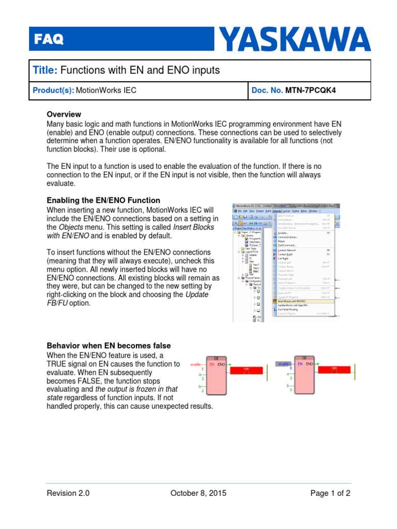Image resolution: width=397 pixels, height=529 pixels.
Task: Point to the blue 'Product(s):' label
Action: click(x=53, y=90)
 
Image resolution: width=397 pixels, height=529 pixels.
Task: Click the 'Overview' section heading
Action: click(x=64, y=114)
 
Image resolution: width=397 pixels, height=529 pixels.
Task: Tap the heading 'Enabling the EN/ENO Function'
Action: click(x=103, y=200)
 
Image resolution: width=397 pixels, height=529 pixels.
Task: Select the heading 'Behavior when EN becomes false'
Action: click(x=109, y=346)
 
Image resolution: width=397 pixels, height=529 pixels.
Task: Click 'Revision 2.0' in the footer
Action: click(x=68, y=493)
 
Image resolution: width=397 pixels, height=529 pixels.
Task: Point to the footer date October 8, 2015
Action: click(x=198, y=493)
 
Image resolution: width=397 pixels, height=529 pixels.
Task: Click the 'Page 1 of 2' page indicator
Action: click(x=330, y=493)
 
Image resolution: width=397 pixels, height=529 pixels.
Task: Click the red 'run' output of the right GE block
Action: click(x=334, y=369)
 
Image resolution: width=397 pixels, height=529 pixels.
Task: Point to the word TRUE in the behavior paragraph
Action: click(x=58, y=364)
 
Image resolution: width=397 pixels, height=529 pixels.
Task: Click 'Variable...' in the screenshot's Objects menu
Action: click(x=284, y=233)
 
